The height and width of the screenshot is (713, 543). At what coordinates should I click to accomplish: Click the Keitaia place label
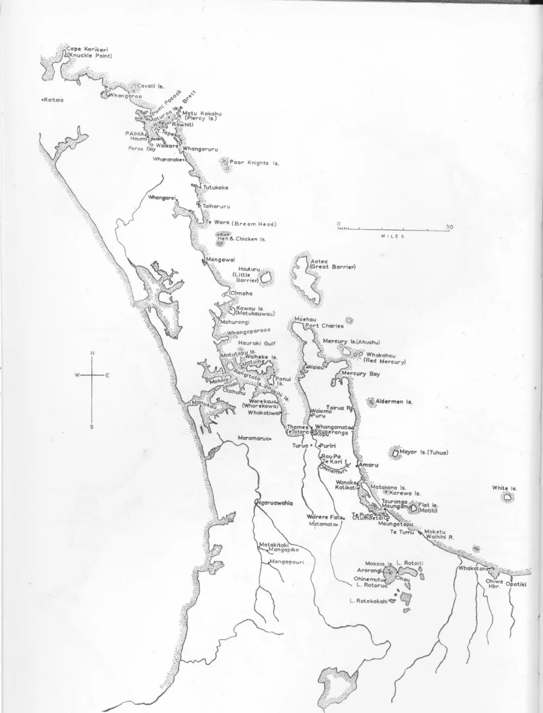[x=54, y=100]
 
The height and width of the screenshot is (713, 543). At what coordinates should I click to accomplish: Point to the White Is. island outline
[x=507, y=498]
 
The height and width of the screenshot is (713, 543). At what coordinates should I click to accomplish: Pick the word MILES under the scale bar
[x=391, y=236]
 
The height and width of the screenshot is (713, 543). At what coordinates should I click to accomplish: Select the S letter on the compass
[x=92, y=427]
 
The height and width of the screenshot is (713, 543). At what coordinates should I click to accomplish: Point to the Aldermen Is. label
[x=394, y=401]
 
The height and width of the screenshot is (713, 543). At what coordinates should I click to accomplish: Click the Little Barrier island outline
[x=266, y=278]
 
